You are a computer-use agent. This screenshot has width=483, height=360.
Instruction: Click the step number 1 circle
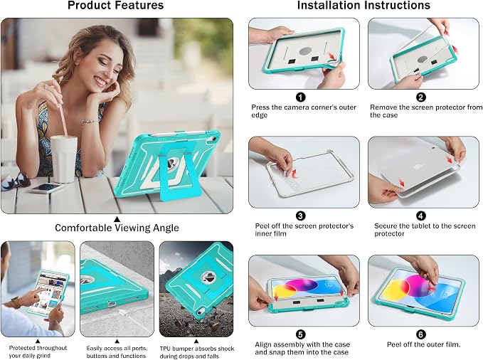(301, 97)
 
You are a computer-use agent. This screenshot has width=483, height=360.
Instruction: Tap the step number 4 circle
(421, 216)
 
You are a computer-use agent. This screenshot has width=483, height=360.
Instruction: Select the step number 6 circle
(421, 334)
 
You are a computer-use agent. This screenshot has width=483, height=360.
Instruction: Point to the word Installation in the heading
(331, 5)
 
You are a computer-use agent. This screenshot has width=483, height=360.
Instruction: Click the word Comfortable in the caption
(84, 228)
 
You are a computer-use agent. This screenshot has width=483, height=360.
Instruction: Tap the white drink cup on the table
(64, 159)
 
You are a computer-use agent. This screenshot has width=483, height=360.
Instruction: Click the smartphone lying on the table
(46, 188)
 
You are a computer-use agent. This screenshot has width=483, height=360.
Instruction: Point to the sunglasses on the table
(16, 181)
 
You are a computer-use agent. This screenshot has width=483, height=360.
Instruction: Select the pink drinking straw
(60, 108)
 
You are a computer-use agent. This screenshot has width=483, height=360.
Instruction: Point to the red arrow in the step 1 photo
(331, 55)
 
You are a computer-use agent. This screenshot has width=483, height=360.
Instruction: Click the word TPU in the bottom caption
(166, 349)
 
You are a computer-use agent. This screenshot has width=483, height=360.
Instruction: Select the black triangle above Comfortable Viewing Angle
(117, 219)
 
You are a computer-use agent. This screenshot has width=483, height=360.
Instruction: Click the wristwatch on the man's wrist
(15, 302)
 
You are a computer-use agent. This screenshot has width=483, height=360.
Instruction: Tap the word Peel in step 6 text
(394, 344)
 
